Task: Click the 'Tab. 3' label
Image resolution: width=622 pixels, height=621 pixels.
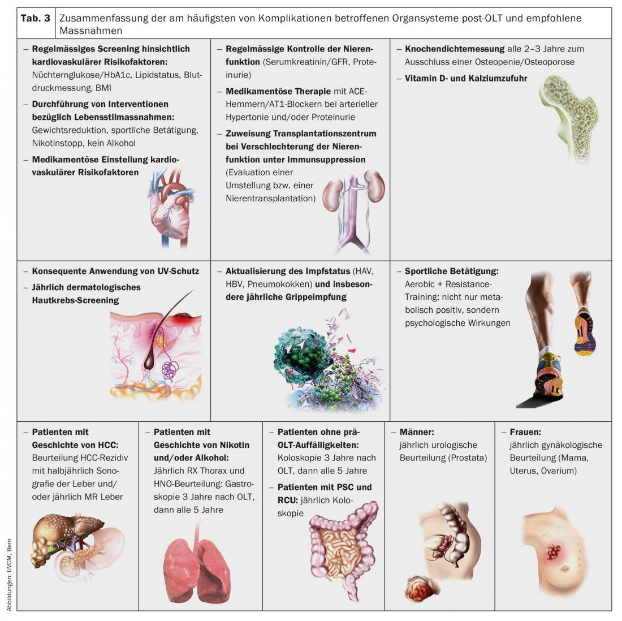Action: [36, 18]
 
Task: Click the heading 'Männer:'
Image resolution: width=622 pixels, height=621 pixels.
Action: [416, 432]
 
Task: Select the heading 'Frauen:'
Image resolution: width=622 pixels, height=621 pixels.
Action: [525, 432]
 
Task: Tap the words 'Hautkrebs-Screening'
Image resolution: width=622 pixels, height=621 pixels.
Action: [75, 300]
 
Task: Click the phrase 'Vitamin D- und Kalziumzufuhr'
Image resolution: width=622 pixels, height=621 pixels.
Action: [465, 78]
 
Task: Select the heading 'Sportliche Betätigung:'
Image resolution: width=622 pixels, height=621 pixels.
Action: [451, 271]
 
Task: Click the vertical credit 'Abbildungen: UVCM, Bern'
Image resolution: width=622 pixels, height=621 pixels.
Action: [9, 574]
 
